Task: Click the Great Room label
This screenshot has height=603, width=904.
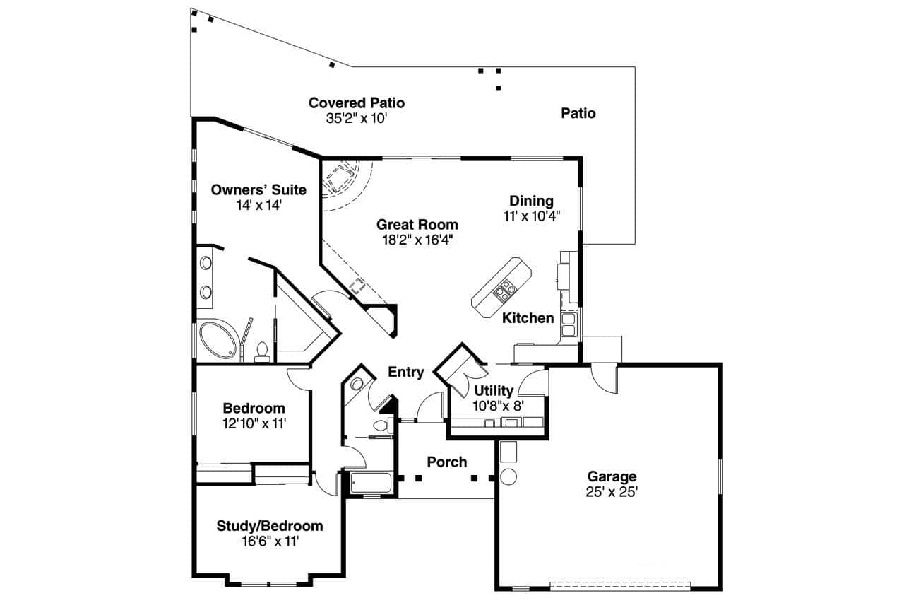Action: pyautogui.click(x=417, y=225)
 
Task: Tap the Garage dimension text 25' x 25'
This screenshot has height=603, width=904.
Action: pyautogui.click(x=612, y=492)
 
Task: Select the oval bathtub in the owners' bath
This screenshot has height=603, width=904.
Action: pyautogui.click(x=219, y=341)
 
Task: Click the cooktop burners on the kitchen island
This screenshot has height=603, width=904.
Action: pyautogui.click(x=506, y=290)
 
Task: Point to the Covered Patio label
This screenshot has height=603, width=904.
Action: pyautogui.click(x=357, y=103)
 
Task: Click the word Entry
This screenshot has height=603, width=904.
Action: pyautogui.click(x=406, y=372)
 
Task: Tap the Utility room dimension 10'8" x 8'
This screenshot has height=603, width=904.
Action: pyautogui.click(x=498, y=406)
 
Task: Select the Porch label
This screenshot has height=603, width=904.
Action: pyautogui.click(x=447, y=462)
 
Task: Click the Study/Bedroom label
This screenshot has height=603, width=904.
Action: pyautogui.click(x=269, y=526)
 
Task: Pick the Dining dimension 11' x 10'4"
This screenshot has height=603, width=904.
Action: pyautogui.click(x=532, y=217)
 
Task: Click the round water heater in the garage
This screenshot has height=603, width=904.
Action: pyautogui.click(x=509, y=476)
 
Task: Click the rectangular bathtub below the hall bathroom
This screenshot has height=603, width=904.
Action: pyautogui.click(x=371, y=484)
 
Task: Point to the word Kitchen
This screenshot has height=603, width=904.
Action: pyautogui.click(x=528, y=318)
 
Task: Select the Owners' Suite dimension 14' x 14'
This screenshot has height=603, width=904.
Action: pyautogui.click(x=258, y=206)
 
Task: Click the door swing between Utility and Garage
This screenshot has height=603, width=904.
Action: pyautogui.click(x=533, y=382)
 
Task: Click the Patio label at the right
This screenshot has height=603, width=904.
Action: pyautogui.click(x=578, y=113)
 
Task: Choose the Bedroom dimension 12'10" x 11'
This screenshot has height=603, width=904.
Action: pyautogui.click(x=254, y=423)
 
